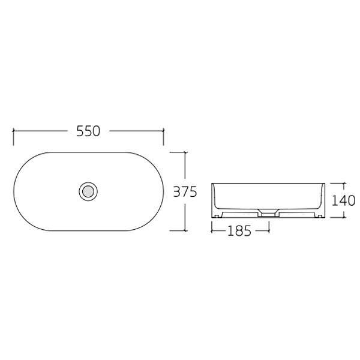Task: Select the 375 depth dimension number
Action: (185, 192)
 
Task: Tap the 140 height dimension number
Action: (344, 200)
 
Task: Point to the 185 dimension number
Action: (240, 229)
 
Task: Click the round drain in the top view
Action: (88, 191)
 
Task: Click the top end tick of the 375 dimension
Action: (185, 152)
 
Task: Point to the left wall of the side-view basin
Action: (214, 198)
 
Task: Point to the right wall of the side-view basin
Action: (323, 198)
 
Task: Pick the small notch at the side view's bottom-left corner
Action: (215, 215)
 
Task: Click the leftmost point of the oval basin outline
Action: (14, 191)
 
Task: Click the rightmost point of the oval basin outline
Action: (163, 191)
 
